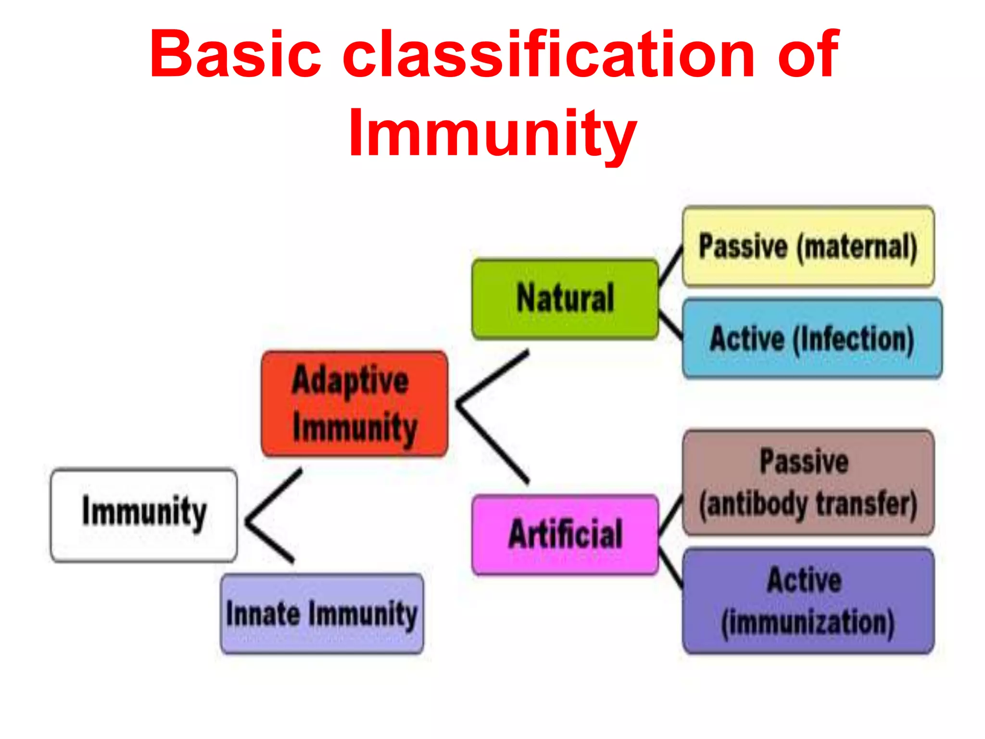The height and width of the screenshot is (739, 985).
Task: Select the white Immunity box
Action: tap(144, 515)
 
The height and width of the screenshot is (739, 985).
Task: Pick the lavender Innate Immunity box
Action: tap(322, 613)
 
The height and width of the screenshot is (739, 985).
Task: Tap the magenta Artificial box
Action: tap(565, 534)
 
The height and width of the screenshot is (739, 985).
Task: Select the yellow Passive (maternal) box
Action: tap(808, 246)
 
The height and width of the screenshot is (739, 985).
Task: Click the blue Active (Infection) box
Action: tap(812, 339)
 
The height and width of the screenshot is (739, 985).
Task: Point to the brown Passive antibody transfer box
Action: tap(808, 483)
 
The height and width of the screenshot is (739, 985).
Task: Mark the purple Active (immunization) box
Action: tap(808, 601)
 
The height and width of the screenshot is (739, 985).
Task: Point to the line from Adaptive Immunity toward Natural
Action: tap(493, 376)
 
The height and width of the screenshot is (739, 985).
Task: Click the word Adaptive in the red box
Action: tap(350, 380)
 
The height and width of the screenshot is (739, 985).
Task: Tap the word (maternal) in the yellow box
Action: tap(857, 247)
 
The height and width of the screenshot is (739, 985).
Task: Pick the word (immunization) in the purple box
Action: tap(808, 623)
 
